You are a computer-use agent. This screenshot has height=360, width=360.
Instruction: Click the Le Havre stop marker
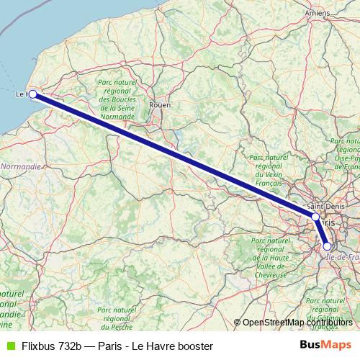coord(32,94)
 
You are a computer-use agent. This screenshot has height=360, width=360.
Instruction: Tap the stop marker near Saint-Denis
coord(315,216)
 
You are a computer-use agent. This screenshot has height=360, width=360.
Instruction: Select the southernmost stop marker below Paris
coord(327,246)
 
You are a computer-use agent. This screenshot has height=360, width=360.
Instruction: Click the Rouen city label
coord(159,105)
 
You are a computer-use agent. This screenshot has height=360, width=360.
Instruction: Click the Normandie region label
coord(21,166)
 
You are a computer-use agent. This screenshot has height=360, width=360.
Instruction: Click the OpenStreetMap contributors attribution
coord(297,323)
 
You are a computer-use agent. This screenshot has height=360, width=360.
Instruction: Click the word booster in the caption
coord(193,346)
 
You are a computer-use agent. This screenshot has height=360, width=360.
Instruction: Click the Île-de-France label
coord(343,256)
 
